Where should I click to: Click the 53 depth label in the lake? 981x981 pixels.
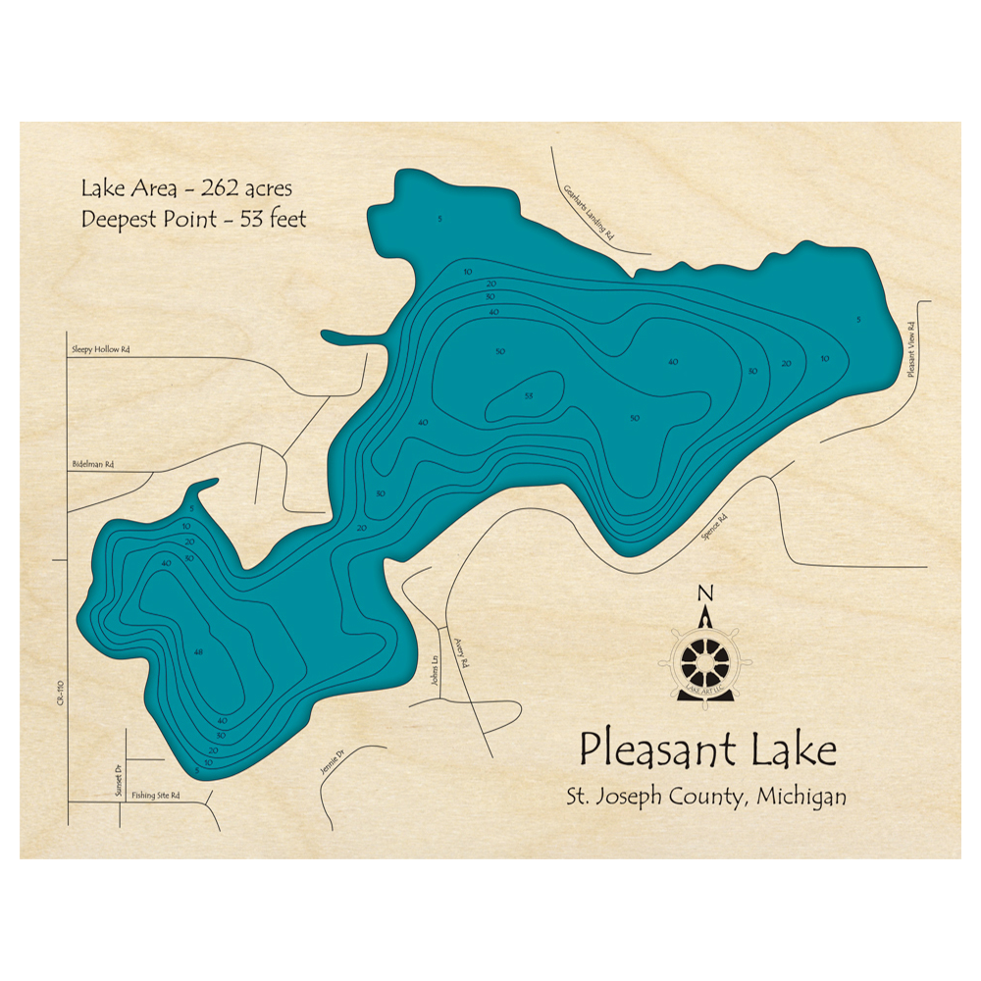(528, 395)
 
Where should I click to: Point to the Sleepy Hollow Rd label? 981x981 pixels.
(101, 348)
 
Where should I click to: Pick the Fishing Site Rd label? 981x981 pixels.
(155, 796)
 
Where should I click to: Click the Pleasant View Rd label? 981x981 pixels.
(910, 348)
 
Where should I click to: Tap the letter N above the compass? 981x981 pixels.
(703, 593)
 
